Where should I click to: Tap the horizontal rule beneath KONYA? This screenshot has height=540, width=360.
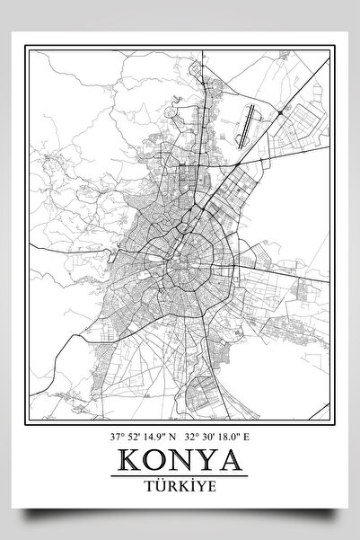point(180,474)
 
